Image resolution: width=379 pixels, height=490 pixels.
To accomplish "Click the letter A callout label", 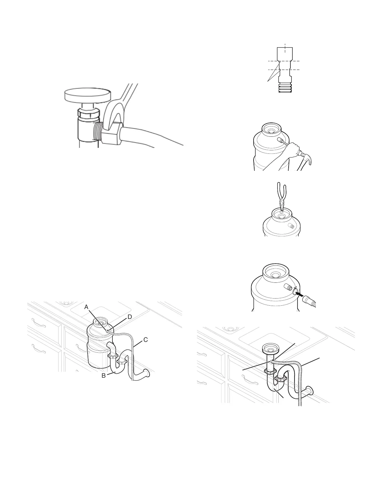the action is coord(86,307).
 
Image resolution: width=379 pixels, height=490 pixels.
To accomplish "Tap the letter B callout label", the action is coord(104,376).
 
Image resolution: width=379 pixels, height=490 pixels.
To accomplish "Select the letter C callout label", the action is coord(146,340).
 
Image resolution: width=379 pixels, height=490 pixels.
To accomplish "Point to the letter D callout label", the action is coord(129,317).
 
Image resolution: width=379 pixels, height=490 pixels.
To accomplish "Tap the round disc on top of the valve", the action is coord(87,95).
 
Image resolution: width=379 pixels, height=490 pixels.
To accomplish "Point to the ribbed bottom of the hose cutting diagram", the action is coord(285,88).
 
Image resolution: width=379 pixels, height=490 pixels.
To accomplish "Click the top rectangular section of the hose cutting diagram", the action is coord(285,54).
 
